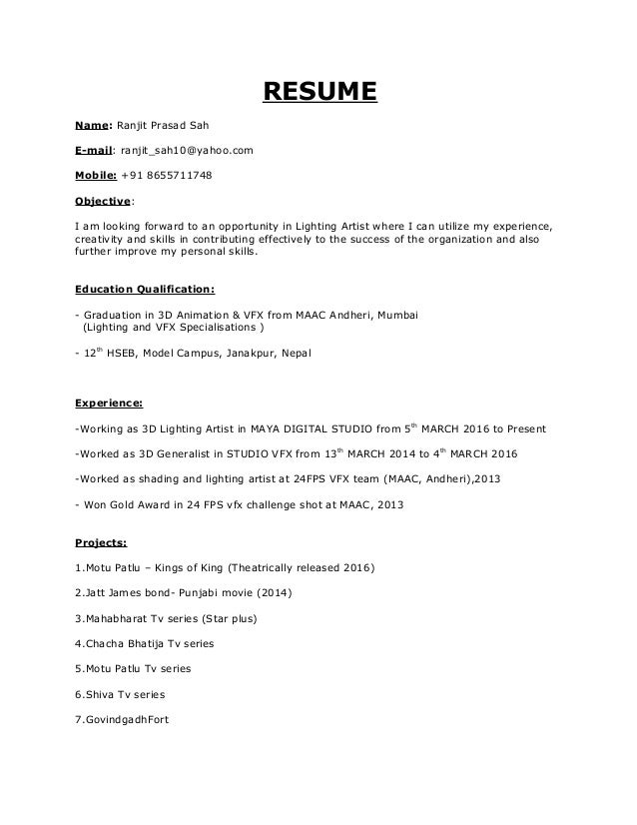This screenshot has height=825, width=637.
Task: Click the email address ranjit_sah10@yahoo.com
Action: pyautogui.click(x=187, y=151)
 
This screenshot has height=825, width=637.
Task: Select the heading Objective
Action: pyautogui.click(x=103, y=198)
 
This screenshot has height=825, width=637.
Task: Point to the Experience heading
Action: pyautogui.click(x=109, y=406)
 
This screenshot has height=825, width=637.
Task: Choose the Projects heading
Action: pyautogui.click(x=101, y=544)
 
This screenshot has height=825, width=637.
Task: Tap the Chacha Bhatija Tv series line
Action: pyautogui.click(x=145, y=644)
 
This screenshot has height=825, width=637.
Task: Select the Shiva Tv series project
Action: pyautogui.click(x=120, y=694)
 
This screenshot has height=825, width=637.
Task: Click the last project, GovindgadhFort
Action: pyautogui.click(x=123, y=719)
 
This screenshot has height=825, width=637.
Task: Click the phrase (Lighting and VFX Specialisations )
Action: pyautogui.click(x=172, y=326)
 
